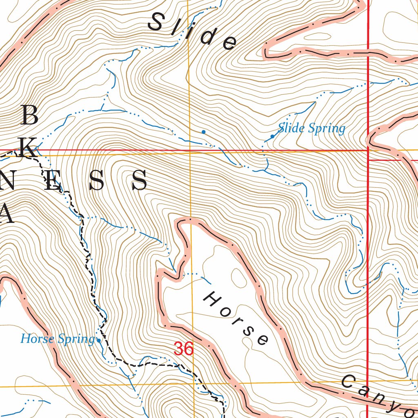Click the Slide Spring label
tap(311, 129)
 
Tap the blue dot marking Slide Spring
tap(272, 136)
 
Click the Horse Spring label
tap(57, 339)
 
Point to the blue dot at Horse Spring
tap(99, 340)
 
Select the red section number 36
tap(183, 349)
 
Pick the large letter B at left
tap(29, 116)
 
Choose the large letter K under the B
tap(29, 147)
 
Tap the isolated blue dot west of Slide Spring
tap(203, 132)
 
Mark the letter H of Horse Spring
tap(26, 339)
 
